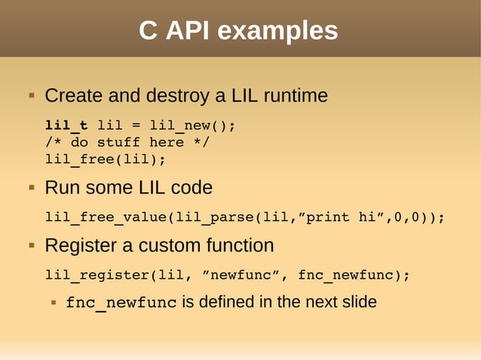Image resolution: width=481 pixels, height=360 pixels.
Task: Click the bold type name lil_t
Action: point(66,125)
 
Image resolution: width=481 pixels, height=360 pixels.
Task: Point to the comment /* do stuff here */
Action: point(127,142)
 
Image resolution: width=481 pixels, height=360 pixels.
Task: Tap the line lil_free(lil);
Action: point(105,159)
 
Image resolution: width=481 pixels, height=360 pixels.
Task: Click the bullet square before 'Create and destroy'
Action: point(32,96)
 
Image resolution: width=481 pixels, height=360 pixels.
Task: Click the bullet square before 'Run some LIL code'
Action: point(32,187)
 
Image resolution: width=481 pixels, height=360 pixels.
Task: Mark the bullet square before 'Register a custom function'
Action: point(32,246)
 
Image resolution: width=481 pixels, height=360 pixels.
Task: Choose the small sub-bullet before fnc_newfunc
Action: point(54,303)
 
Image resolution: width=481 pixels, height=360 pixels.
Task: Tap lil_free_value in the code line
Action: point(105,218)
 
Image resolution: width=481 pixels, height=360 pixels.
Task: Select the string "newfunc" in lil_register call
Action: point(242,275)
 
